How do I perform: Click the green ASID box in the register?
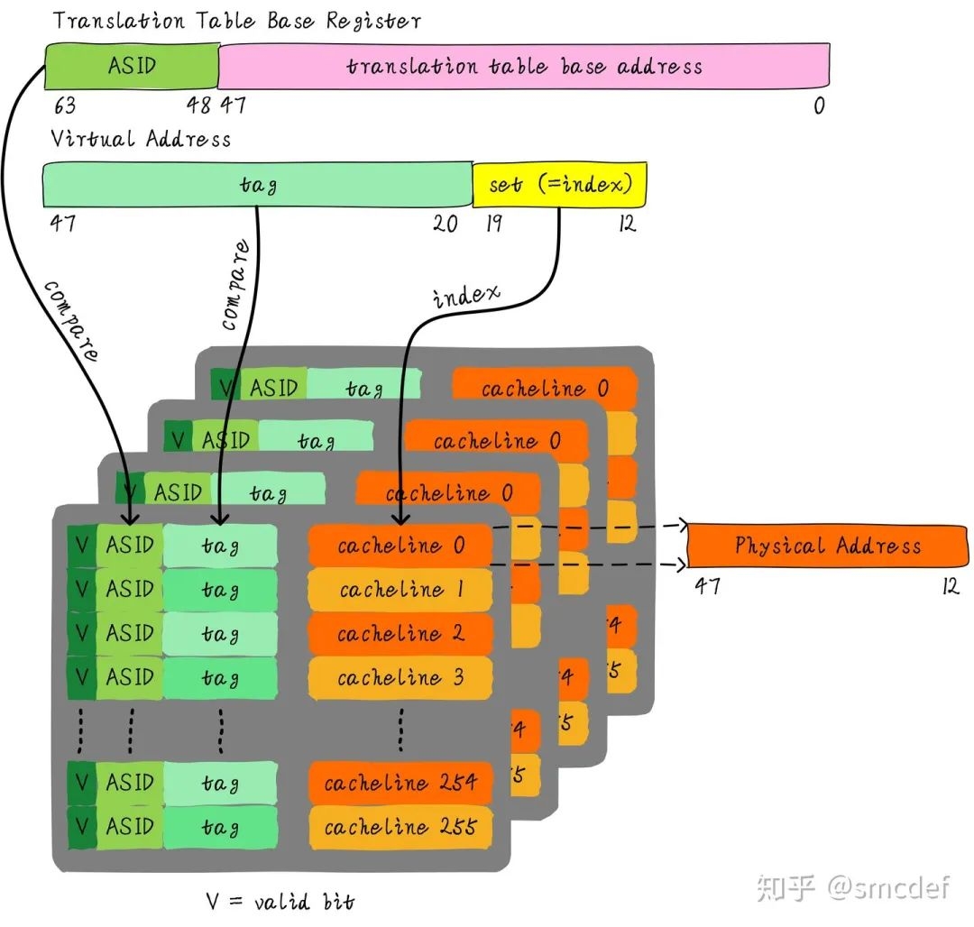coord(132,66)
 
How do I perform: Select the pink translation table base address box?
coord(524,66)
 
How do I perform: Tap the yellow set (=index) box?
coord(559,185)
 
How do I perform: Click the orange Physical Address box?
coord(827,546)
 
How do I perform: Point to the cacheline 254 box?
coord(400,783)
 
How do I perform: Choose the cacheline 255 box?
coord(400,827)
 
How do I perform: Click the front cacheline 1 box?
coord(400,590)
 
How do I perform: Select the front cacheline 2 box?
coord(400,634)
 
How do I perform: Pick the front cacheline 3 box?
coord(400,677)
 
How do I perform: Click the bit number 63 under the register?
coord(64,106)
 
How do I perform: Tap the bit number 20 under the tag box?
coord(446,224)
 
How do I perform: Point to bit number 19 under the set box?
coord(492,224)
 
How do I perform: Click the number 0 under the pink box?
coord(819,106)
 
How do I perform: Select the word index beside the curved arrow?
coord(465,296)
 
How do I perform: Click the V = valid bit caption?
coord(280,901)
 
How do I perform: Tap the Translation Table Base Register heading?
coord(236,20)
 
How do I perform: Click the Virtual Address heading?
coord(141,139)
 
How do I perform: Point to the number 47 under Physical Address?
coord(707,586)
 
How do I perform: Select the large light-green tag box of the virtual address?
coord(258,185)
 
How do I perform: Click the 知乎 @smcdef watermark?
coord(853,887)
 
